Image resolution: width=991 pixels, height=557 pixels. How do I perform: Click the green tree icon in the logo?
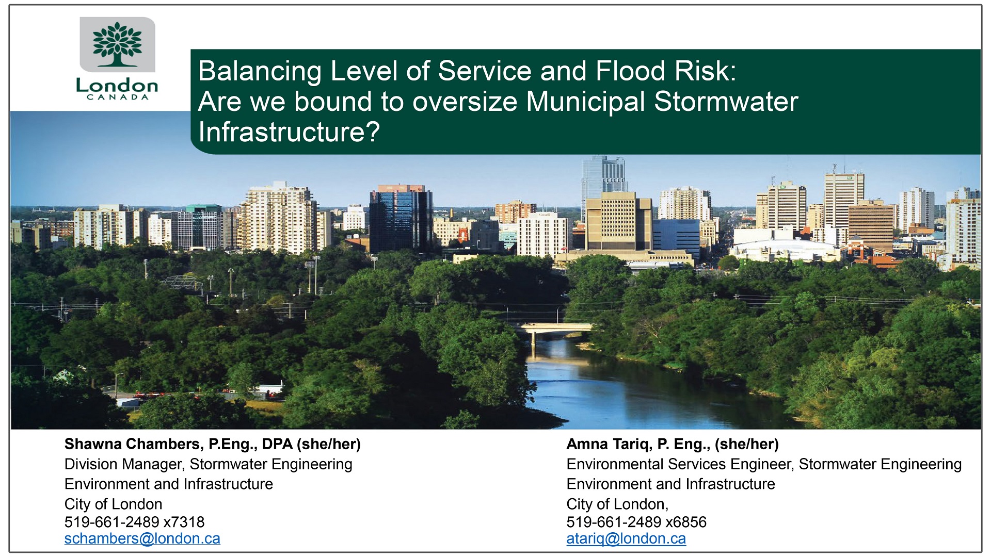117,44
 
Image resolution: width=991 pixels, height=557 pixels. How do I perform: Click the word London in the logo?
117,86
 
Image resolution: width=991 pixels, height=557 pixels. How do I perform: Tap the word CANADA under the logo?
117,97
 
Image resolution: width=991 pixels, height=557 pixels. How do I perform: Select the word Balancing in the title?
260,71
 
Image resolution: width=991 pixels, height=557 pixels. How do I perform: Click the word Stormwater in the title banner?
726,102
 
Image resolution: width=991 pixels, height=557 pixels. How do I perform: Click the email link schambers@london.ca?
142,538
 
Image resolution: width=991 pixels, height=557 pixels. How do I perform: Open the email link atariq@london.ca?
626,538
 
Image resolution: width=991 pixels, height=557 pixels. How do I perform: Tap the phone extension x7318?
184,522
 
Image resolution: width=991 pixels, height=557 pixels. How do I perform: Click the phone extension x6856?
686,522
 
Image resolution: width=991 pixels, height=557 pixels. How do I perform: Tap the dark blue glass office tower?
401,219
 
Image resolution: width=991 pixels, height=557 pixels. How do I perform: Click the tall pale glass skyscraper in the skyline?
603,175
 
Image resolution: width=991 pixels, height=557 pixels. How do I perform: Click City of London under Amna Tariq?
617,504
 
